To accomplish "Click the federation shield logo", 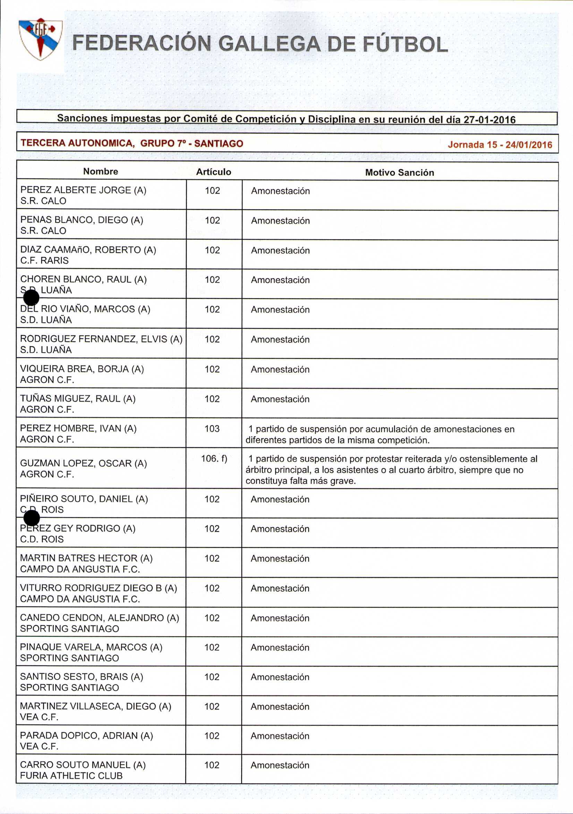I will point(41,39).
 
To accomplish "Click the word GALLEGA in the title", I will point(269,44).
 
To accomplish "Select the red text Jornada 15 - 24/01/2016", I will point(500,145).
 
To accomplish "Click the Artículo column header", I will point(214,172).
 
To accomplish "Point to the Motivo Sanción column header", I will point(399,173).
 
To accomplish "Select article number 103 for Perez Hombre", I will point(212,429).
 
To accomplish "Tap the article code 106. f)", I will point(214,458).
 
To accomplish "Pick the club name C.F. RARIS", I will point(44,261).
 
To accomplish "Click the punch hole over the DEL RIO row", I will point(31,297).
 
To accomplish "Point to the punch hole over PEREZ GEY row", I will point(32,519).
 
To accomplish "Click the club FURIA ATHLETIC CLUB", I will point(71,776).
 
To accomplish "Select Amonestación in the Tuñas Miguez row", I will point(280,399).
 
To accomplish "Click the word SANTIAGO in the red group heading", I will point(219,144).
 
